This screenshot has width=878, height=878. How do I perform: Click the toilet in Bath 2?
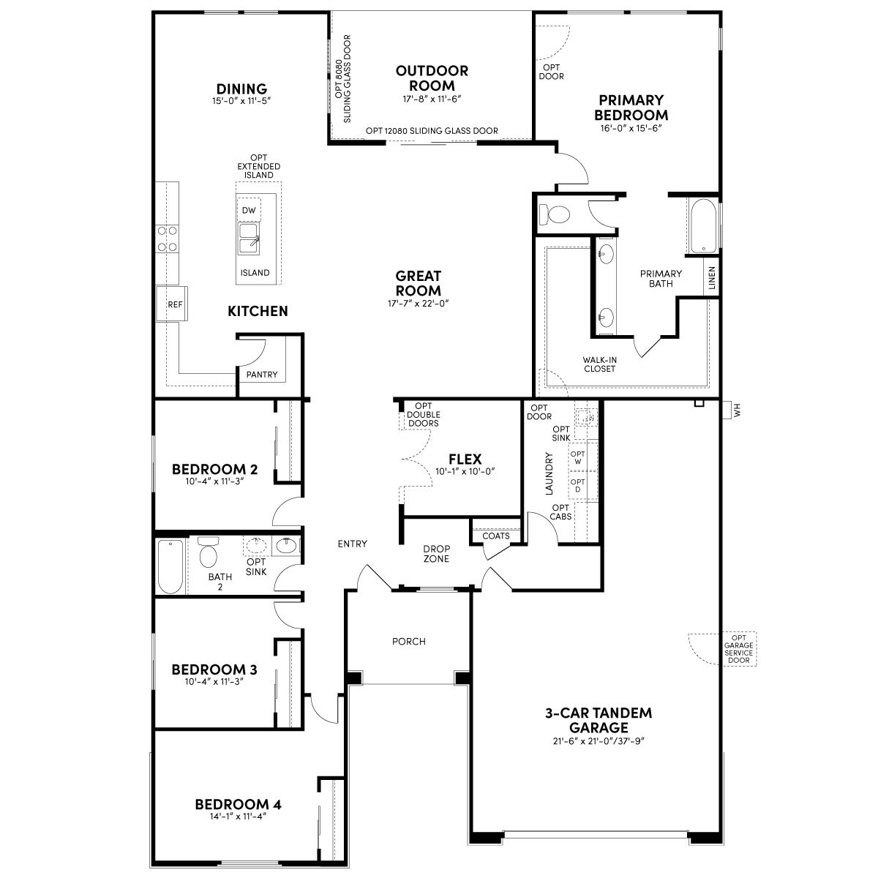click(x=209, y=552)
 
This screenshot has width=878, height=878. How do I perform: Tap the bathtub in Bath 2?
click(x=171, y=566)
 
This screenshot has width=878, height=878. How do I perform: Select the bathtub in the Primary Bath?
click(x=703, y=226)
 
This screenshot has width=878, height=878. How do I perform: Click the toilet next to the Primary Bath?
click(x=554, y=214)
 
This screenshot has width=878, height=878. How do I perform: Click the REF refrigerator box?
click(x=171, y=304)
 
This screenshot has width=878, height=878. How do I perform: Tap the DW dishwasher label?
click(x=249, y=211)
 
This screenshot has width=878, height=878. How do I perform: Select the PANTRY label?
click(x=261, y=375)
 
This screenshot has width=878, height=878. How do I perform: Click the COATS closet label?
click(x=496, y=536)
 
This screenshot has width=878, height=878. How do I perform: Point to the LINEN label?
click(x=712, y=278)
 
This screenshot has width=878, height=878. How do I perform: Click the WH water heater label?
click(x=738, y=410)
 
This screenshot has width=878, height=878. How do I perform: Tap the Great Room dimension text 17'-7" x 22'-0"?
click(x=419, y=304)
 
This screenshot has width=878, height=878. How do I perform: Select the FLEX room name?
click(x=465, y=459)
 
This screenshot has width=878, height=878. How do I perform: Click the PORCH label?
click(x=409, y=642)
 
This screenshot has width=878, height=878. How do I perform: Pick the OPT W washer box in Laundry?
click(x=578, y=457)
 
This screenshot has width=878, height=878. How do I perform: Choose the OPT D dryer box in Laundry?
click(x=578, y=486)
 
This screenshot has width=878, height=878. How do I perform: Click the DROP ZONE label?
click(x=437, y=554)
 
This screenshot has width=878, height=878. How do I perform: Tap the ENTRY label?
click(x=352, y=544)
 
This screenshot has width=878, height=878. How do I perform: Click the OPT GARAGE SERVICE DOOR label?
click(x=738, y=649)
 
